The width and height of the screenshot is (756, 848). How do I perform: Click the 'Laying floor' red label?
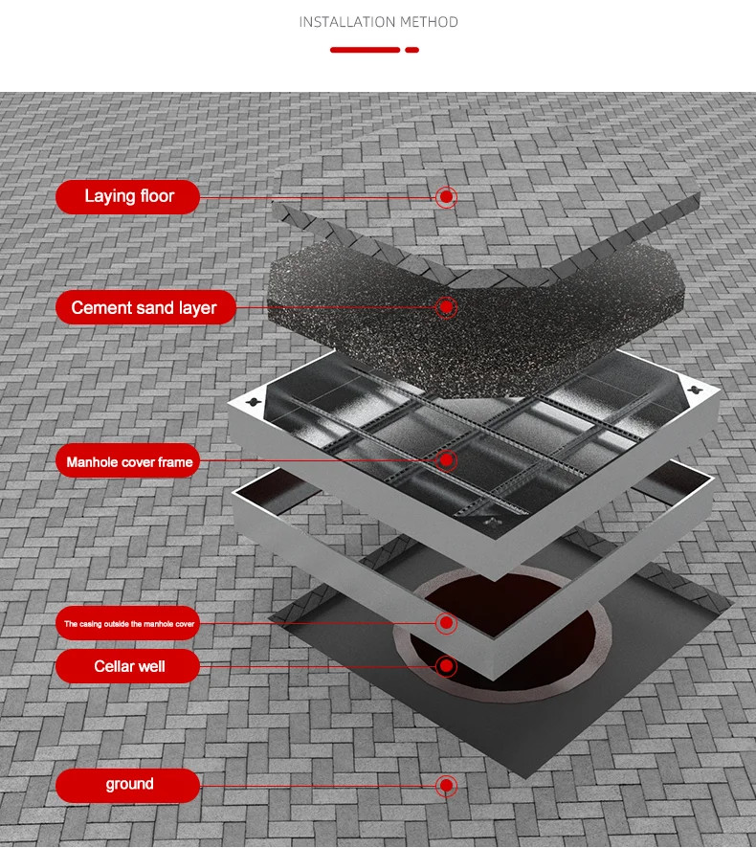coord(127,197)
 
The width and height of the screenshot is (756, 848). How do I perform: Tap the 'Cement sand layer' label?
coord(145,307)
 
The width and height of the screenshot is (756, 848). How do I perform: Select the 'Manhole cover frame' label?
coord(127,460)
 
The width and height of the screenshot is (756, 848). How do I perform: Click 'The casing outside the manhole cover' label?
coord(127,623)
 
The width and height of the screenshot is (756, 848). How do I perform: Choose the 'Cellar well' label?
coord(127,666)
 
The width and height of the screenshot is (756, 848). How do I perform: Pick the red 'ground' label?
coord(127,785)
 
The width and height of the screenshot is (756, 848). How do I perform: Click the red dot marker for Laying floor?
coord(446,197)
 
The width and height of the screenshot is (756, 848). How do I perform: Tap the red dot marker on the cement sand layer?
coord(446,307)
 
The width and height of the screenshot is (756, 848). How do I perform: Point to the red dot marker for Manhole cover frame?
coord(446,460)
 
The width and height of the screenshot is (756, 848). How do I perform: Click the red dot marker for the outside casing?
coord(446,623)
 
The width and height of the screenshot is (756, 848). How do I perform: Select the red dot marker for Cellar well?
coord(446,666)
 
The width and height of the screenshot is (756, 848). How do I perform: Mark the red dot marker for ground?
coord(446,785)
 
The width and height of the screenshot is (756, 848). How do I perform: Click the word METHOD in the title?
coord(429,22)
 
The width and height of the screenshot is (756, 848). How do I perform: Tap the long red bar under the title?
coord(365,50)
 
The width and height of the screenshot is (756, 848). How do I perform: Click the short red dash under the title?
coord(412,50)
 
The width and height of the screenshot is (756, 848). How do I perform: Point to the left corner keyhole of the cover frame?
coord(252,402)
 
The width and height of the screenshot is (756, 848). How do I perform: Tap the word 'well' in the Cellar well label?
coord(152,666)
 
